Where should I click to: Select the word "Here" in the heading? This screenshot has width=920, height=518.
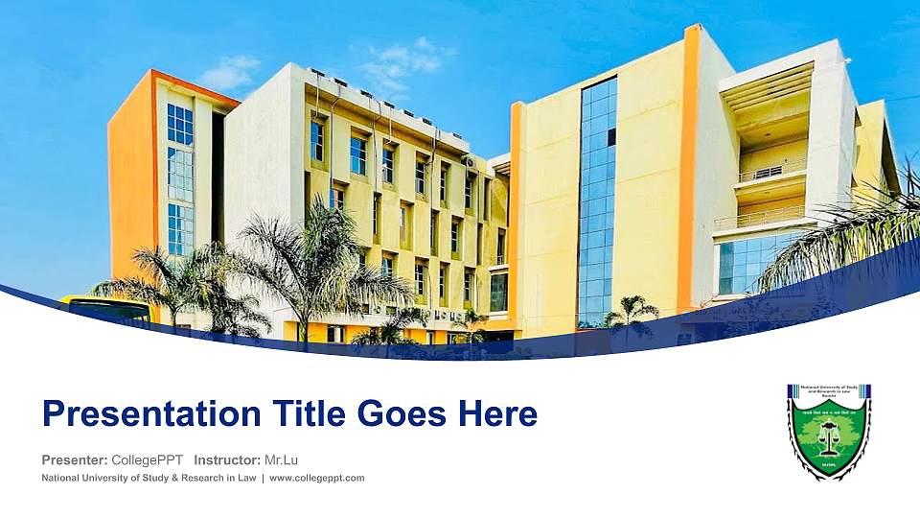497,414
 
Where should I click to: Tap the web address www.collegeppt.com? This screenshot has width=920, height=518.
317,478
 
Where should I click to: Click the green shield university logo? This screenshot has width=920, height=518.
829,432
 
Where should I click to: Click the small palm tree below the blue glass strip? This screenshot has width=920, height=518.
631,313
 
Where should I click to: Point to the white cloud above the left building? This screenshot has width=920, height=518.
230,73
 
